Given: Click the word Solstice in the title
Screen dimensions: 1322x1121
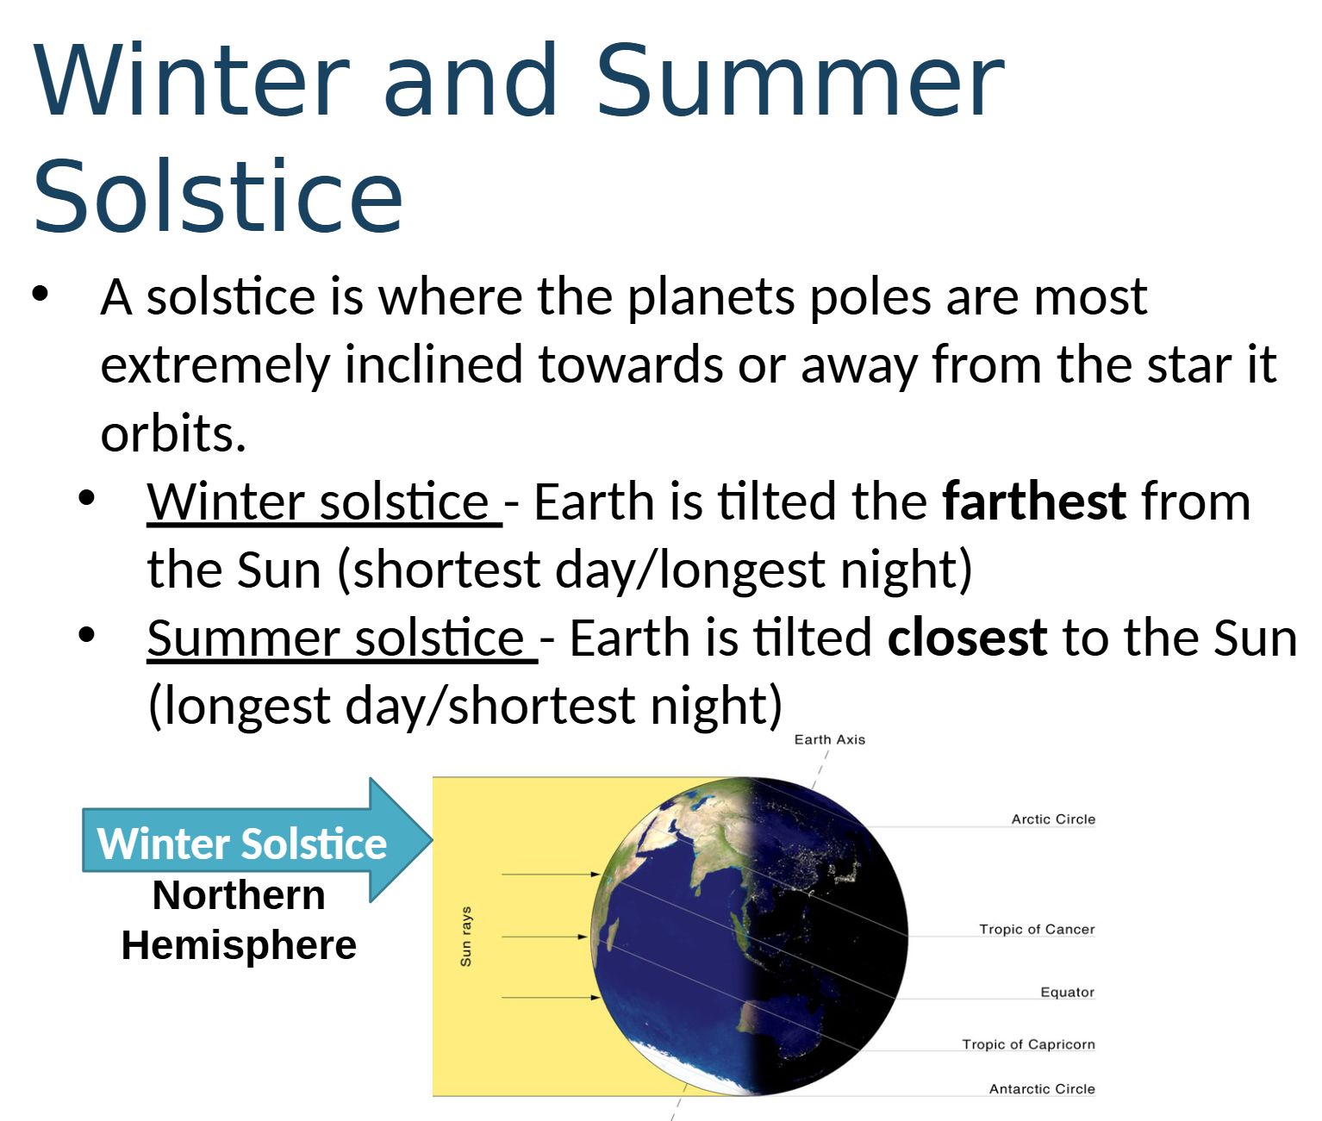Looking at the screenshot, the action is tap(218, 195).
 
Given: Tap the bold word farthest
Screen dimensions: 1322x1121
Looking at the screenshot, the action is tap(1034, 501).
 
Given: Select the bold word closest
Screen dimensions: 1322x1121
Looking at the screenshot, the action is tap(967, 638).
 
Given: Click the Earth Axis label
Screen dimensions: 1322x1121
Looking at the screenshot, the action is tap(830, 739).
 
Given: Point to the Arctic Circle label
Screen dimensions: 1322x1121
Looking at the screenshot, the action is tap(1053, 819).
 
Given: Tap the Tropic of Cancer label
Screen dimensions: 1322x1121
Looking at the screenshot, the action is tap(1037, 929).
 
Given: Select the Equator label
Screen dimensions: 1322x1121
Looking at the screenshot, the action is tap(1068, 992).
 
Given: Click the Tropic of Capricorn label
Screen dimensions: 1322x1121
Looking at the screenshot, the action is tap(1028, 1044).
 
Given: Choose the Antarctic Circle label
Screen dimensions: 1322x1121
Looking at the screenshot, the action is tap(1042, 1089).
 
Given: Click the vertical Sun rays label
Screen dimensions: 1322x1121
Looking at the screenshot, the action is tap(465, 937).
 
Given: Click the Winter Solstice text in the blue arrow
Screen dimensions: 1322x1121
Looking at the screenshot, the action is tap(242, 844).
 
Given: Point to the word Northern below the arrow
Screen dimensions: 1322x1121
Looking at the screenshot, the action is tap(239, 894).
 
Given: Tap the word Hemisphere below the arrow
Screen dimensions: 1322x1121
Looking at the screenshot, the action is tap(239, 945).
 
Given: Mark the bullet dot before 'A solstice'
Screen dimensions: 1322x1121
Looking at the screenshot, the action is tap(41, 295).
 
